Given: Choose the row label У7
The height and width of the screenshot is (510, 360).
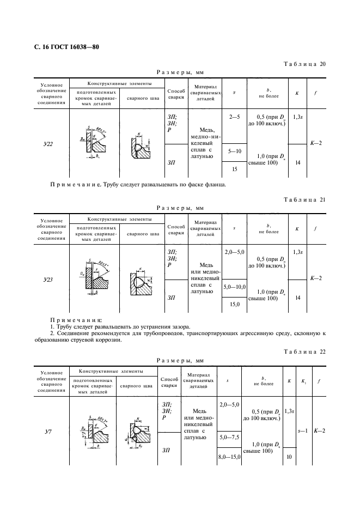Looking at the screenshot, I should pyautogui.click(x=47, y=432).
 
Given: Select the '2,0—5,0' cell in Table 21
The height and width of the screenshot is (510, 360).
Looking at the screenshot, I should pyautogui.click(x=234, y=252).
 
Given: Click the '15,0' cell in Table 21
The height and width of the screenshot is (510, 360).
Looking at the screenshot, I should pyautogui.click(x=234, y=304).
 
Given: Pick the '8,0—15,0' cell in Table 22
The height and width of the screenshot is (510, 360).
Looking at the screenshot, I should pyautogui.click(x=230, y=457).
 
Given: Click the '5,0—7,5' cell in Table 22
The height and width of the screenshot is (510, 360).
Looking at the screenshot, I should pyautogui.click(x=230, y=438).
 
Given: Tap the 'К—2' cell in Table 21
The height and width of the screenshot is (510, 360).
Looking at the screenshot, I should pyautogui.click(x=316, y=278).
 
